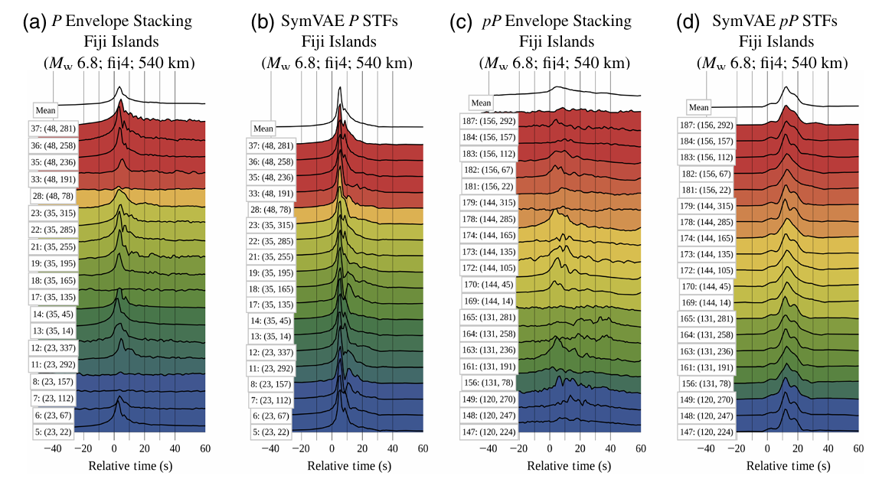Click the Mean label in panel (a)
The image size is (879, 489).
45,110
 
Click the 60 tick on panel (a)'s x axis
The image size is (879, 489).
204,448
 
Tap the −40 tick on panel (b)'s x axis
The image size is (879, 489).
271,448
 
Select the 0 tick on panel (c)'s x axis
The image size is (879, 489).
549,448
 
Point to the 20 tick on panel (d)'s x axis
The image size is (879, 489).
797,448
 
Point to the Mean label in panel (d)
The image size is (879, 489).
698,108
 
